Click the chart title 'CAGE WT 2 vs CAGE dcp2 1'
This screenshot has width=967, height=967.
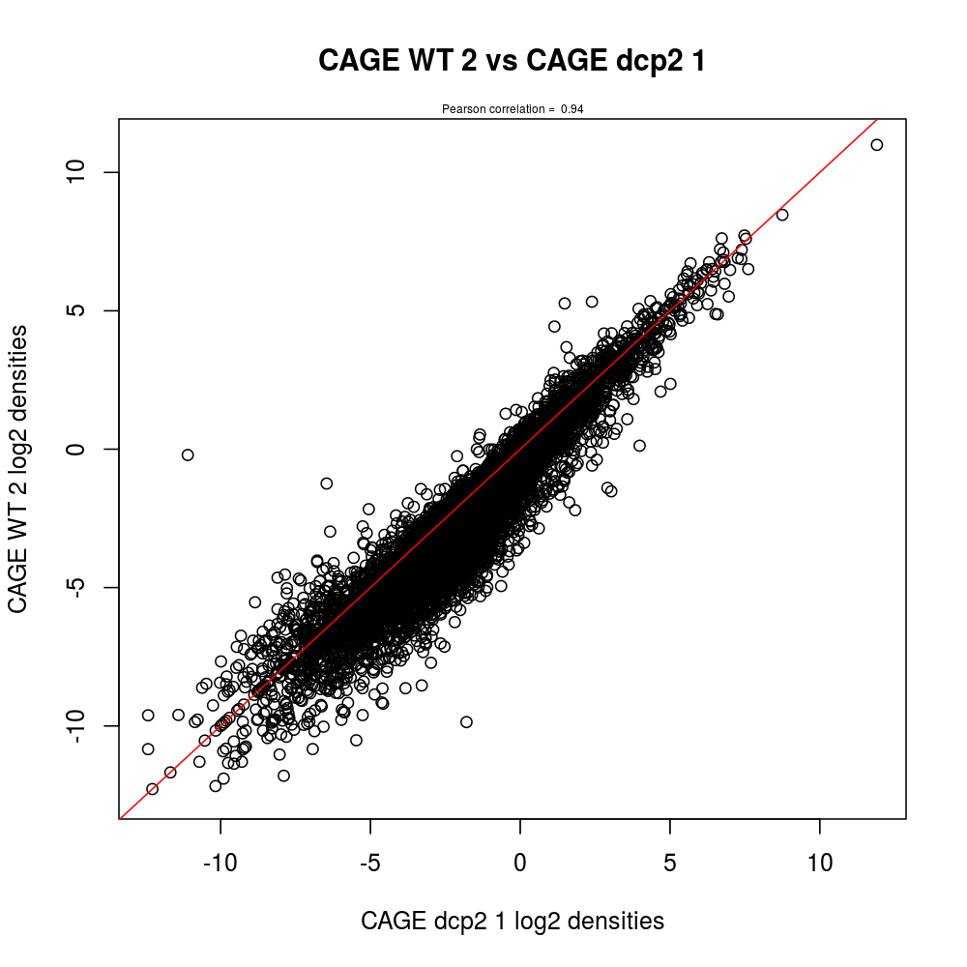512,61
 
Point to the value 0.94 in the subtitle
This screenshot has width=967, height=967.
571,109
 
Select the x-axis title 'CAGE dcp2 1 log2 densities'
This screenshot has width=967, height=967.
513,921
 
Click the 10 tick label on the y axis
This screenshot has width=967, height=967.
80,172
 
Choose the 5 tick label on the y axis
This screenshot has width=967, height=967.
80,310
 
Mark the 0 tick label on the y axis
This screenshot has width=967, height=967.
80,449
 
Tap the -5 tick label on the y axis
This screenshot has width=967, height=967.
80,587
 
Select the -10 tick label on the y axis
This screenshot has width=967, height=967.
80,725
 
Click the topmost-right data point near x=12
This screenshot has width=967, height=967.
877,145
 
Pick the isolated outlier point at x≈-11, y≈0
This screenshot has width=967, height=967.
188,454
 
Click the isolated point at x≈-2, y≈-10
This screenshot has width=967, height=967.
466,721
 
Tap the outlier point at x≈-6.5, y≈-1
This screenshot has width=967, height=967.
327,483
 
